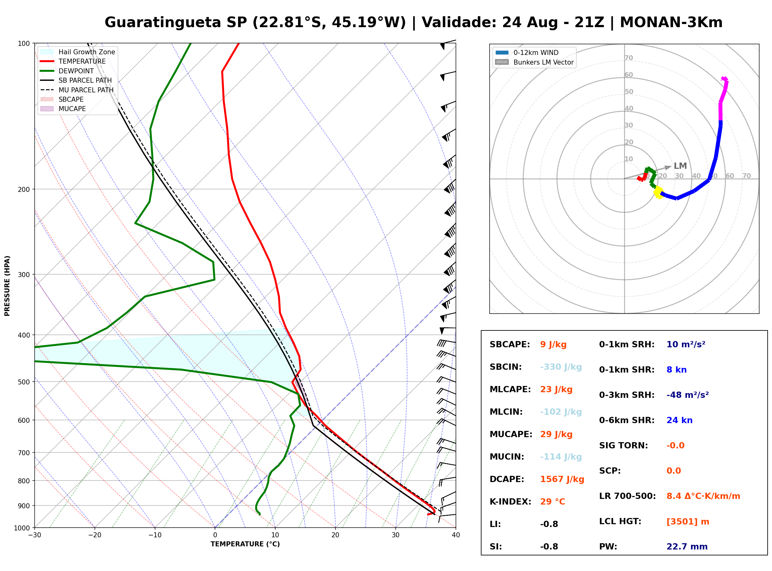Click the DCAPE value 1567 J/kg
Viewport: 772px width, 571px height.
(x=562, y=479)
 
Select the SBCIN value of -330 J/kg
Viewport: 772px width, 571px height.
(x=561, y=367)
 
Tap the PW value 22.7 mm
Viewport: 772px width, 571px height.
(x=687, y=547)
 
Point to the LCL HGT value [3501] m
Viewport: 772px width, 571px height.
(x=688, y=522)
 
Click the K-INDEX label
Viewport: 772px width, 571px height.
(x=511, y=502)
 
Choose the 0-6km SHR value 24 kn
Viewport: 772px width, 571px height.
(x=679, y=420)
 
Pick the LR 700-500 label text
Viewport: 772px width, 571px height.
(x=627, y=496)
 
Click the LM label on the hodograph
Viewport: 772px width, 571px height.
(x=680, y=166)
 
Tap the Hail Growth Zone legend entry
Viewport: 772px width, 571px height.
(x=78, y=52)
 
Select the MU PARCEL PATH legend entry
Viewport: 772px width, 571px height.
(x=77, y=90)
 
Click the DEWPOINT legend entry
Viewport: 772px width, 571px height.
(x=67, y=71)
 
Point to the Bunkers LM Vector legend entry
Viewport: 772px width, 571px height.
(x=534, y=62)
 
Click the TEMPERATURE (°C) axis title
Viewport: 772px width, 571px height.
(x=245, y=544)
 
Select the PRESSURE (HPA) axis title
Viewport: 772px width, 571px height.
(x=7, y=286)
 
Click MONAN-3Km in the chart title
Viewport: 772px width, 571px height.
(x=671, y=22)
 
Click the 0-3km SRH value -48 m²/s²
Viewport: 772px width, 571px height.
(x=687, y=395)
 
